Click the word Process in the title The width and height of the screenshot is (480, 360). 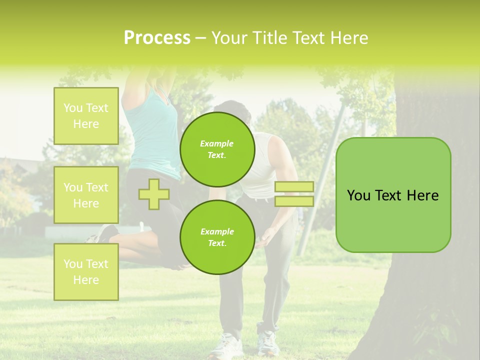[x=157, y=38]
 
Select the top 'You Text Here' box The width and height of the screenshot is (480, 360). [x=86, y=116]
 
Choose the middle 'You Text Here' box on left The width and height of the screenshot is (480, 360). [x=86, y=195]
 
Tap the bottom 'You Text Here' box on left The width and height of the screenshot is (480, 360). [x=86, y=271]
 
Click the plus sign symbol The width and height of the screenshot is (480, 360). [x=154, y=194]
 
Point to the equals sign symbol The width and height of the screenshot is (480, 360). [x=294, y=194]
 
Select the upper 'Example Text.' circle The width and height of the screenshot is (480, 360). [x=217, y=149]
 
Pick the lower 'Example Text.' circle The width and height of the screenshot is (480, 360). [x=217, y=237]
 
